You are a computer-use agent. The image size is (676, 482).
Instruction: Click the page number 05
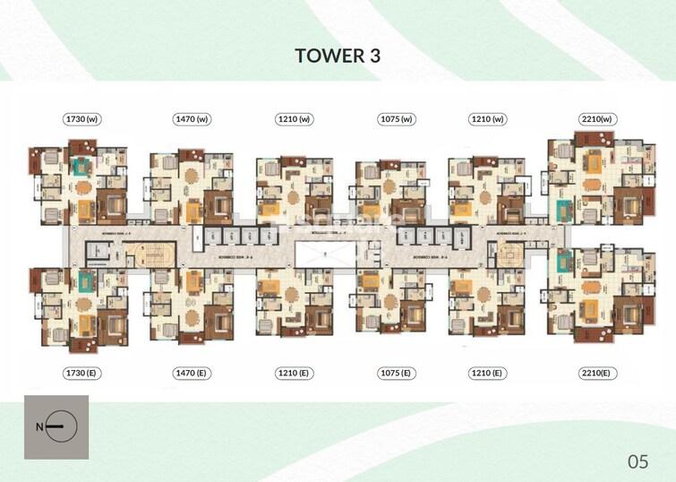637,461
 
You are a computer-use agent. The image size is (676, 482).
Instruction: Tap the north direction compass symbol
57,427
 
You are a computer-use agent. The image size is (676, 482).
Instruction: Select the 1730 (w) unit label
81,119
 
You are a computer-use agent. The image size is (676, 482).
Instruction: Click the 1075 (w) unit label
395,119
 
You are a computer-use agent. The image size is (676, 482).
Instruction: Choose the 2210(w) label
595,119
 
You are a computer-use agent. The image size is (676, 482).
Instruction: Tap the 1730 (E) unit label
81,372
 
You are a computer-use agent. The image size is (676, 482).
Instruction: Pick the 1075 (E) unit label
395,372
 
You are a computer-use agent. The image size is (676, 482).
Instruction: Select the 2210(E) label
595,372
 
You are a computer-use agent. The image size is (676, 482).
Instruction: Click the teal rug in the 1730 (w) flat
83,168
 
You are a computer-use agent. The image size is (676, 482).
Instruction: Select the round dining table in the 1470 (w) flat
193,185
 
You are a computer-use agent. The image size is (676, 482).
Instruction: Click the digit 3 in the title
373,56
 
